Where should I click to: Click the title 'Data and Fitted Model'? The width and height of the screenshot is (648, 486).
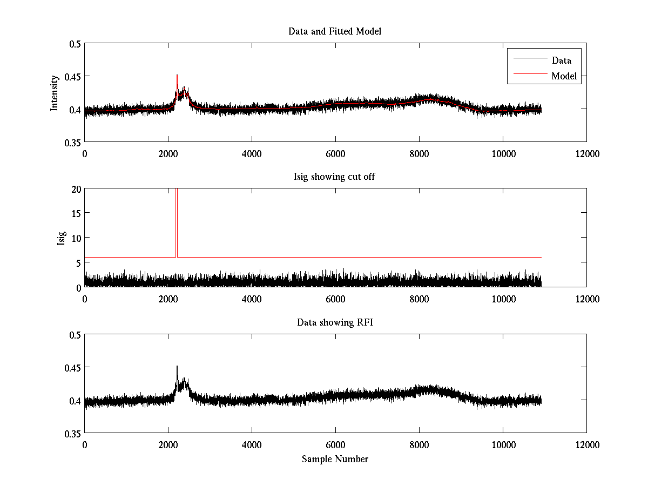click(x=335, y=31)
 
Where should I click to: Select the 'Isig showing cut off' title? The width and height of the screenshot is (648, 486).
click(x=335, y=177)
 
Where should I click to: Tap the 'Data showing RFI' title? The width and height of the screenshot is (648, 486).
click(x=335, y=322)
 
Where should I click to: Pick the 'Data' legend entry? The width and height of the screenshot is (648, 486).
click(x=561, y=60)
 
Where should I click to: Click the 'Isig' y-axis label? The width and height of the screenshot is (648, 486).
click(x=62, y=238)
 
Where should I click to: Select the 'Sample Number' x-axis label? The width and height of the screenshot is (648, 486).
click(x=335, y=459)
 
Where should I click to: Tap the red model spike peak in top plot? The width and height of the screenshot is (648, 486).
click(x=177, y=76)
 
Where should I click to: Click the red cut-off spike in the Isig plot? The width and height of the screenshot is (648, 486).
click(x=177, y=216)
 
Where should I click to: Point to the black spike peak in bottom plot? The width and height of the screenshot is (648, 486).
click(x=177, y=367)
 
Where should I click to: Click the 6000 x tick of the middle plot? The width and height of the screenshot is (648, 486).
click(x=335, y=299)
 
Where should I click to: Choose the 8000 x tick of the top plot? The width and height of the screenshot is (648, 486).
click(x=419, y=153)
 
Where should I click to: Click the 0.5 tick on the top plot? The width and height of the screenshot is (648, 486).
click(x=74, y=44)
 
